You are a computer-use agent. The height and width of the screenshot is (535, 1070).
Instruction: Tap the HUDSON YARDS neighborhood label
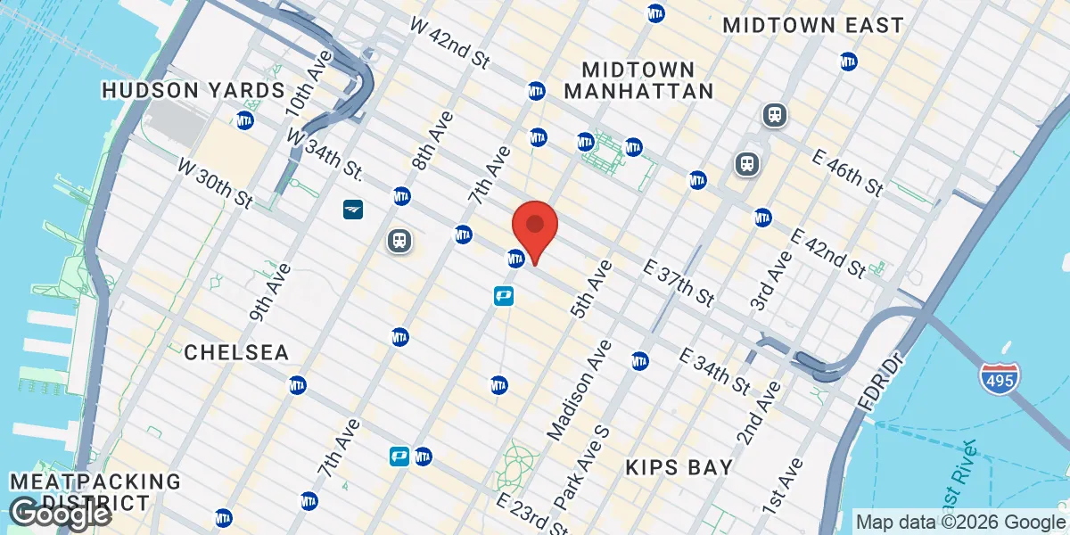193,90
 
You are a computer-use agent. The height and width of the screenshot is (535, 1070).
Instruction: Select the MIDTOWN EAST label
813,25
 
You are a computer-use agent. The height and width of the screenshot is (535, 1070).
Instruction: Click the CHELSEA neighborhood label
236,353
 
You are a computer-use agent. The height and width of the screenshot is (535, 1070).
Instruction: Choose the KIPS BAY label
679,467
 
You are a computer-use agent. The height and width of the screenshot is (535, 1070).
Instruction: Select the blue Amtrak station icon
353,210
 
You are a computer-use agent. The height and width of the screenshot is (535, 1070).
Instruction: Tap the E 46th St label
847,172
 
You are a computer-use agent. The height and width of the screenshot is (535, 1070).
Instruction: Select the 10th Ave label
309,85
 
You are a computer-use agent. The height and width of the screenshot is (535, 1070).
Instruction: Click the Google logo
60,514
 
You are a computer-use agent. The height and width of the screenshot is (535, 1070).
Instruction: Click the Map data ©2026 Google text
959,523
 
